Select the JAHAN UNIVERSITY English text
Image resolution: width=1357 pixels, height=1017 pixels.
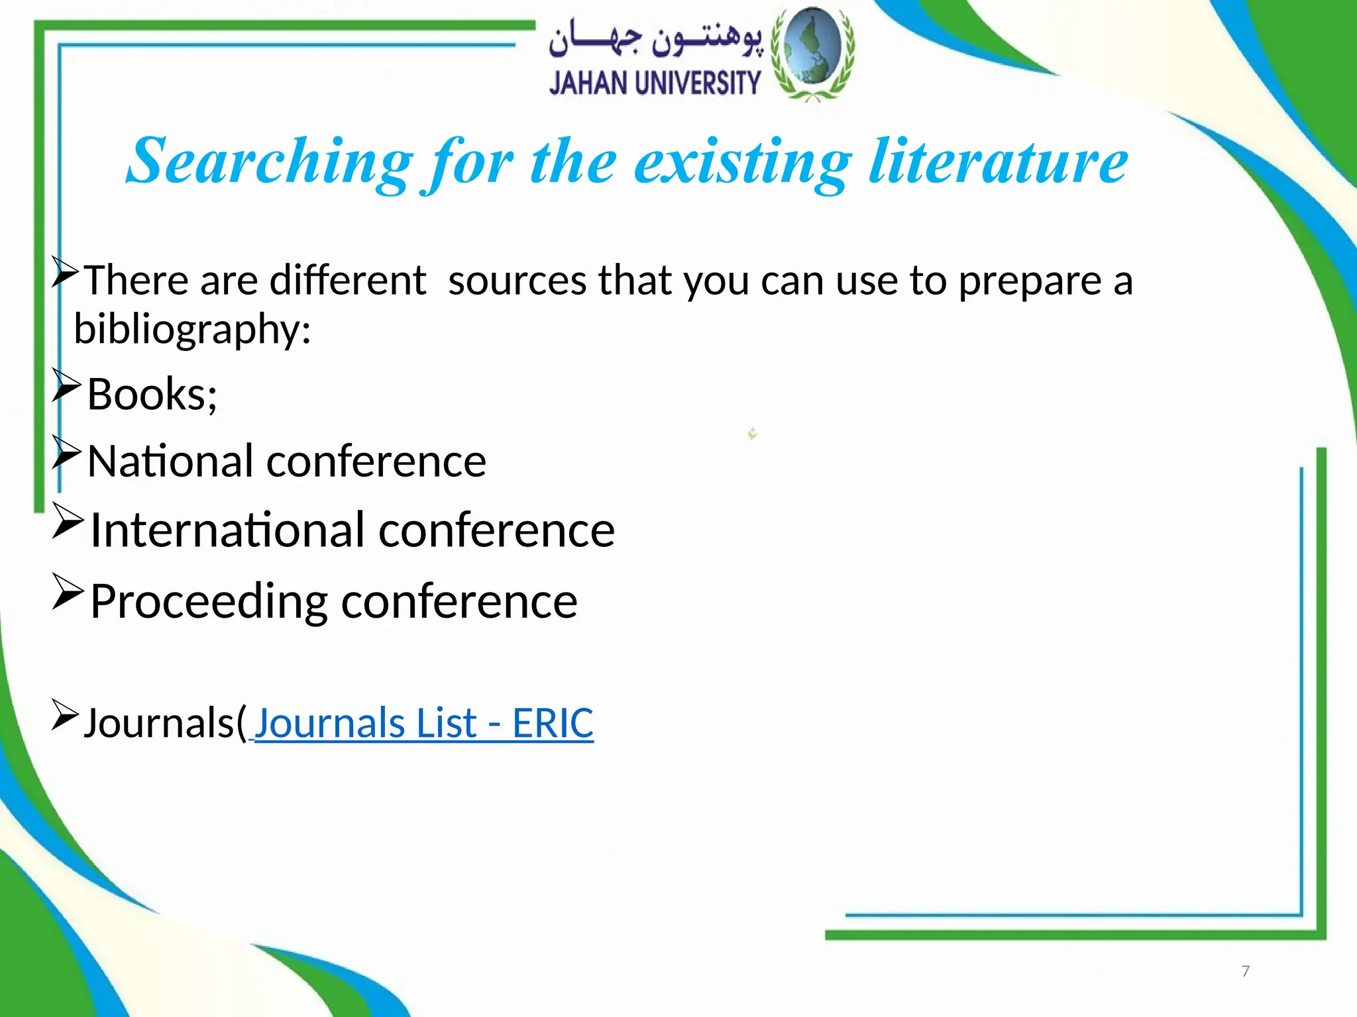(x=655, y=83)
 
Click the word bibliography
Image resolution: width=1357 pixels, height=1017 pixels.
(x=191, y=329)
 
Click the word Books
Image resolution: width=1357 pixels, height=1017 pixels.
(x=151, y=395)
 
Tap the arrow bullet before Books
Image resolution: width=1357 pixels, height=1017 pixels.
(x=66, y=386)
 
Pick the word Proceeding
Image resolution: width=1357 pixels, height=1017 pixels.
(x=209, y=601)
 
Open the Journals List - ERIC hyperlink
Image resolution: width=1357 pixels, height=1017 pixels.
(x=423, y=722)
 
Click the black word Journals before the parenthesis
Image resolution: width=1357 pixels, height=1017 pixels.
(x=160, y=722)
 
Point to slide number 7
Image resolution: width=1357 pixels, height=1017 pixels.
(x=1245, y=971)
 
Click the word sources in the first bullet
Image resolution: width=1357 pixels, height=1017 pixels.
(x=517, y=280)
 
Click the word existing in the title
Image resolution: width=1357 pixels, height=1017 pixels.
(x=742, y=162)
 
